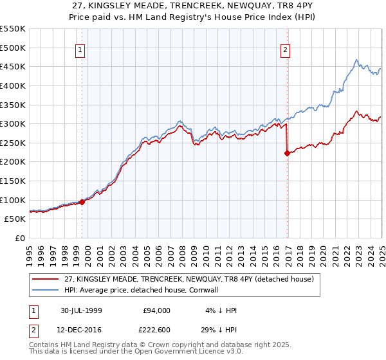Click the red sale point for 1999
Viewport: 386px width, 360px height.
pyautogui.click(x=82, y=202)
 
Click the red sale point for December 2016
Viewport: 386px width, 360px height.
pyautogui.click(x=287, y=153)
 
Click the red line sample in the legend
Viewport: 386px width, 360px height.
pyautogui.click(x=44, y=279)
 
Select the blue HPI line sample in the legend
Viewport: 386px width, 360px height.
pyautogui.click(x=44, y=290)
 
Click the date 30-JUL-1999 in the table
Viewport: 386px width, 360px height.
pyautogui.click(x=88, y=310)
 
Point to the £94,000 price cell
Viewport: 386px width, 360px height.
pyautogui.click(x=156, y=310)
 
